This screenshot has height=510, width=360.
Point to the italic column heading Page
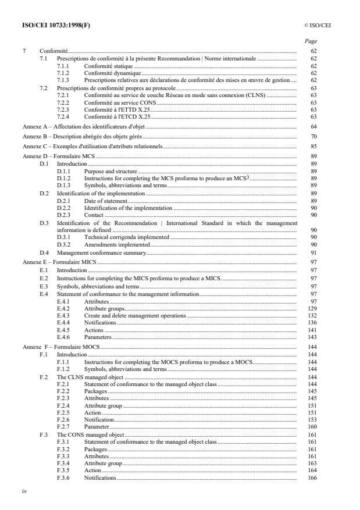pyautogui.click(x=311, y=41)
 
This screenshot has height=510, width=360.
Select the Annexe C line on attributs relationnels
pyautogui.click(x=91, y=147)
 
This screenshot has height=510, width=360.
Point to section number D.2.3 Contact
pyautogui.click(x=63, y=215)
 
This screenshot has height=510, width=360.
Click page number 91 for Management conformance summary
pyautogui.click(x=313, y=253)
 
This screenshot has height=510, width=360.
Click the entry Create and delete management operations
pyautogui.click(x=135, y=315)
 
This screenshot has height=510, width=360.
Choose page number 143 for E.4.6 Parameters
pyautogui.click(x=312, y=337)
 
